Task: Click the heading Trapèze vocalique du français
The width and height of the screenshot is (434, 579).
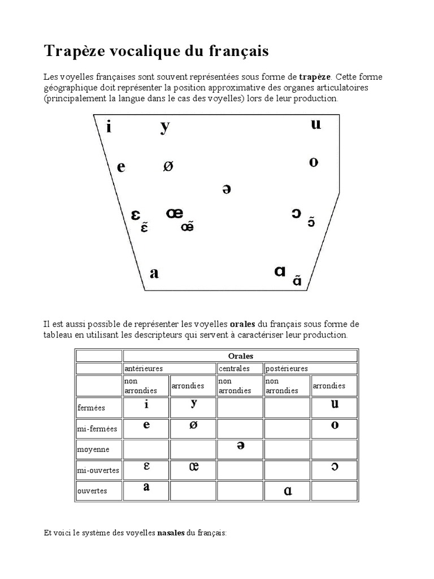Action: tap(157, 52)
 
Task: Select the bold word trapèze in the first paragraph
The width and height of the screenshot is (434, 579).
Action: tap(315, 76)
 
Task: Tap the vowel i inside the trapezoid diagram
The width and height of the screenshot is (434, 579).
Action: tap(108, 127)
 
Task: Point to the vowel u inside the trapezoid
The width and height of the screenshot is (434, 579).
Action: tap(316, 124)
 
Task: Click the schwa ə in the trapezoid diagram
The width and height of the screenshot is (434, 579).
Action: tap(227, 189)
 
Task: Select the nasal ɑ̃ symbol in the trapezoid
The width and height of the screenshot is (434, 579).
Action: tap(297, 280)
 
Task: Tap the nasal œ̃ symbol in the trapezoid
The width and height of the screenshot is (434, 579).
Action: tap(188, 227)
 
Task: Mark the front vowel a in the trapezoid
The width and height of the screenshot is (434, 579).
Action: tap(154, 274)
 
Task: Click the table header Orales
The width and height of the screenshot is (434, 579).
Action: tap(240, 356)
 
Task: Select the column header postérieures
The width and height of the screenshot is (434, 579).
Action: tap(287, 369)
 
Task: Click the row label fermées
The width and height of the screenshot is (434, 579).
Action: tap(91, 407)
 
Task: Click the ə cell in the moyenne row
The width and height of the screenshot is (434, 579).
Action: tap(240, 446)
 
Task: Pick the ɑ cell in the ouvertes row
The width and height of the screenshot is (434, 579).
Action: tap(288, 491)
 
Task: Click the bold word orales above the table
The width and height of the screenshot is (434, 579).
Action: tap(242, 324)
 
